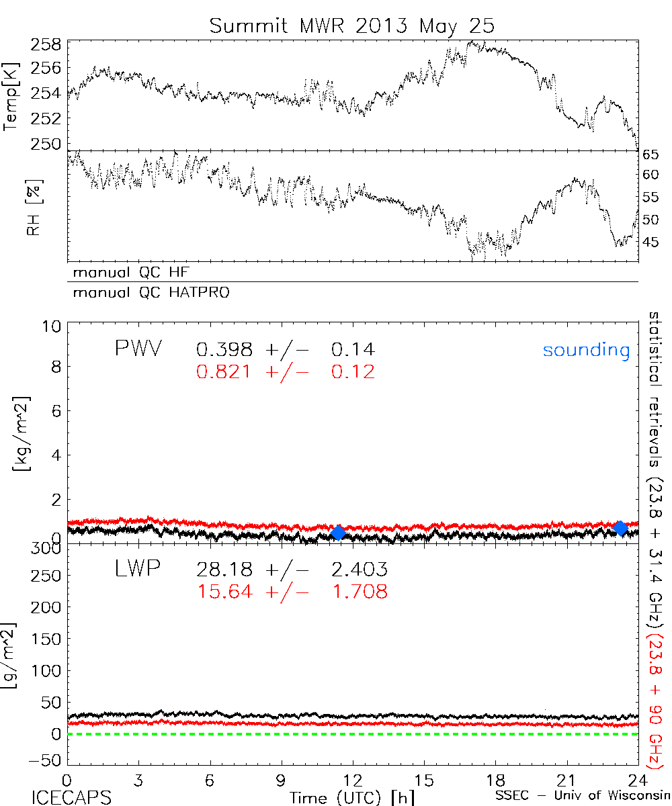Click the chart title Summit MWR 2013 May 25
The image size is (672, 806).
pos(351,26)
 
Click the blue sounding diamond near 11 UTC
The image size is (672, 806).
pos(339,533)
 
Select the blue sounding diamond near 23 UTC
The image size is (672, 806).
pos(621,528)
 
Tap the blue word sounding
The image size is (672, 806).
pos(587,350)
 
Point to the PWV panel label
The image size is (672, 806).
pos(138,349)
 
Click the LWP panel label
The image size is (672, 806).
pos(138,570)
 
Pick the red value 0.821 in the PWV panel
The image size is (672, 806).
pos(224,371)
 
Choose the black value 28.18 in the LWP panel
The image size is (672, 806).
pos(224,570)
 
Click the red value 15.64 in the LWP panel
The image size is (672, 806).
pos(224,592)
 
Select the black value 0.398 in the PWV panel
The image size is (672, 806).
pos(224,349)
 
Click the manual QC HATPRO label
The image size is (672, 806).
pos(146,293)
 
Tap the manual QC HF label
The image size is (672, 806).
pos(127,272)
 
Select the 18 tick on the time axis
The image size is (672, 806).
pos(495,780)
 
